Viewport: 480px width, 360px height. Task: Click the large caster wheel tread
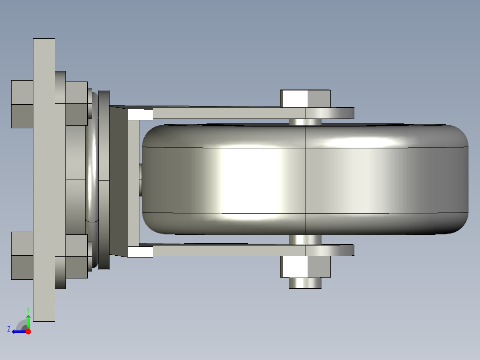tap(305, 180)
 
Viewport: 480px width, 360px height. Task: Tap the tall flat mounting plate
tap(44, 180)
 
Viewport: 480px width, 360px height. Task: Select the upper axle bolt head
tap(305, 98)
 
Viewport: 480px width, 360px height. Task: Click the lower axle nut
tap(305, 266)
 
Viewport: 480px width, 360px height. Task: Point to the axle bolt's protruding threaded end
tap(305, 283)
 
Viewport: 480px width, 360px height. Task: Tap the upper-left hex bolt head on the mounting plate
tap(22, 104)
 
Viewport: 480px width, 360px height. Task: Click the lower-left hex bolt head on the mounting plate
tap(22, 256)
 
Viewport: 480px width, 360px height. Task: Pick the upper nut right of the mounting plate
tap(77, 103)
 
